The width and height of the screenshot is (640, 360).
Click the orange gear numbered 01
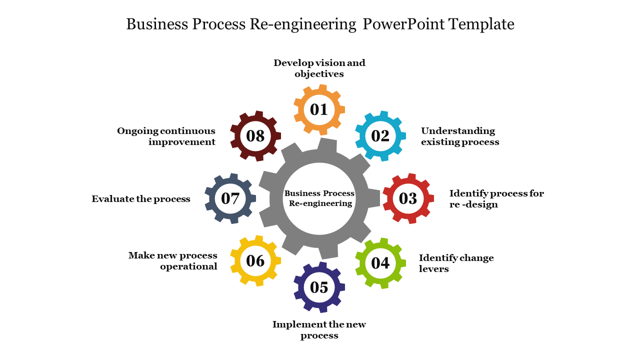(319, 109)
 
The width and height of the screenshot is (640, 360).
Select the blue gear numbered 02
(380, 136)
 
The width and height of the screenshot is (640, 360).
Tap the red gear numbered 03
(408, 198)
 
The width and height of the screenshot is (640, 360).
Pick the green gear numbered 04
(380, 263)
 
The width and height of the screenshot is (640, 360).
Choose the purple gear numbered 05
(319, 287)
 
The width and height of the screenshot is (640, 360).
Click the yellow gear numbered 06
(255, 261)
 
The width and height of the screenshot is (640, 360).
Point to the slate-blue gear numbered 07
(230, 198)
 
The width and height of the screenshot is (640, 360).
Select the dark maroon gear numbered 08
(255, 136)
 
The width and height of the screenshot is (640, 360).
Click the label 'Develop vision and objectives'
(319, 68)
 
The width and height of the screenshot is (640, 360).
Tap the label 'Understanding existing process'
(460, 136)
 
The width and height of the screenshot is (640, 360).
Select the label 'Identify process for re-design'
(496, 199)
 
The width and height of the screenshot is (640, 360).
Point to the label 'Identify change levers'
(456, 263)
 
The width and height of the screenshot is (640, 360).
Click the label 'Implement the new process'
(319, 330)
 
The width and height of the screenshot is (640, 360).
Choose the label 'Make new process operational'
(173, 261)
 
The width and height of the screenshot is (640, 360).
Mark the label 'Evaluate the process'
(141, 199)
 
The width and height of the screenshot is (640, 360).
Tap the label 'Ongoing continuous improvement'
(166, 136)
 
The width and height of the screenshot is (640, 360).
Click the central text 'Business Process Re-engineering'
(319, 198)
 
